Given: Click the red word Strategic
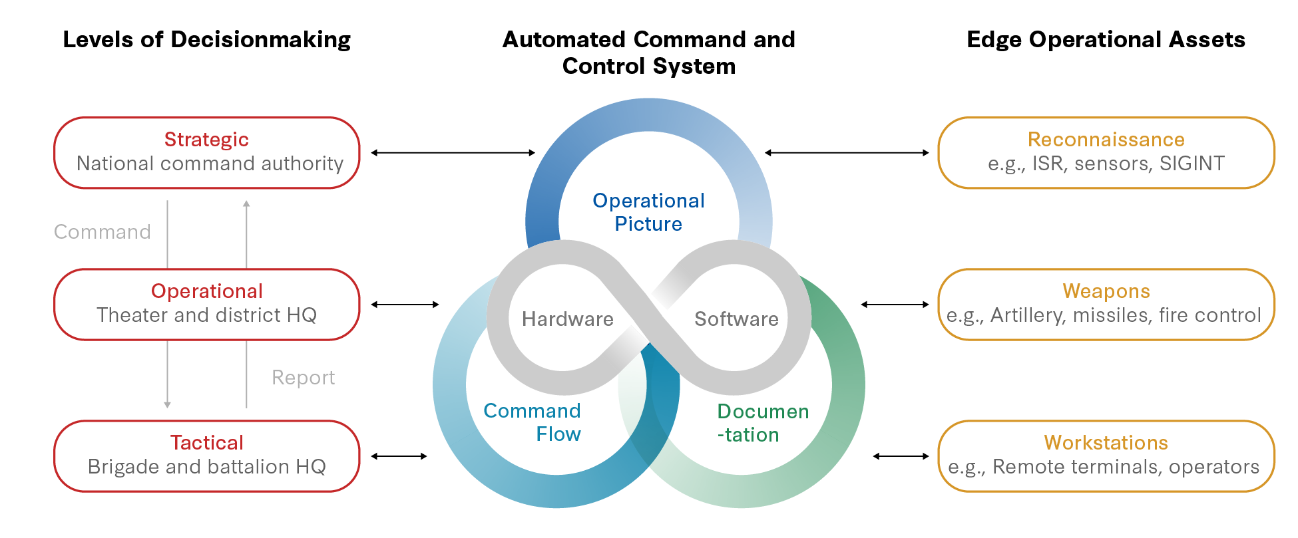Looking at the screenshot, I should point(206,140).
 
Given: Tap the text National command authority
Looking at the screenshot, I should point(210,164).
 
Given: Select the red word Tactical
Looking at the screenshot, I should point(206,443).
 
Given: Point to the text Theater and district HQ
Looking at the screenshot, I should point(206,315).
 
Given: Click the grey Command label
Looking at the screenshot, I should point(103,232).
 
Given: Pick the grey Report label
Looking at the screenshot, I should point(303,378).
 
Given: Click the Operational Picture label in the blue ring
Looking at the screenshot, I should point(648,212).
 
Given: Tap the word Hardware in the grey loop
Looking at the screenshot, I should point(567,319).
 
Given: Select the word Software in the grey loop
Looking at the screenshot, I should point(736,319).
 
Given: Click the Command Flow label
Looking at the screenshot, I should point(533,422).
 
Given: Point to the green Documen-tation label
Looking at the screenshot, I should point(762,423).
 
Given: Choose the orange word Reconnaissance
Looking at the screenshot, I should point(1106,140).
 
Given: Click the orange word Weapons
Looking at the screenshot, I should point(1106,291).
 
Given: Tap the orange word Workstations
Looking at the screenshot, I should point(1106,443).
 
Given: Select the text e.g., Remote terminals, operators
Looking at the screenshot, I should point(1104,467).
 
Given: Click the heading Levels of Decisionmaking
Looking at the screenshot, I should point(206,40).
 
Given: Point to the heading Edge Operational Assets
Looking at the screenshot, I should point(1106,40).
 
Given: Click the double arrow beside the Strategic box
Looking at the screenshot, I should point(453,153).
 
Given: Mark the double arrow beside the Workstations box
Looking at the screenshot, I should point(901,456).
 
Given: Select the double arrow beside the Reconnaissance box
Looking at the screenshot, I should point(847,153).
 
